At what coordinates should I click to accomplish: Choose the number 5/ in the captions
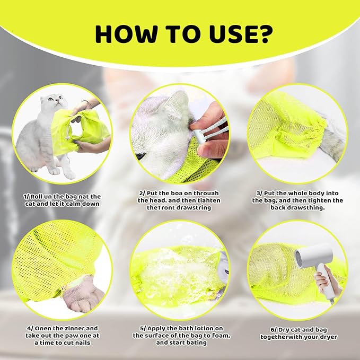(x=136, y=328)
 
